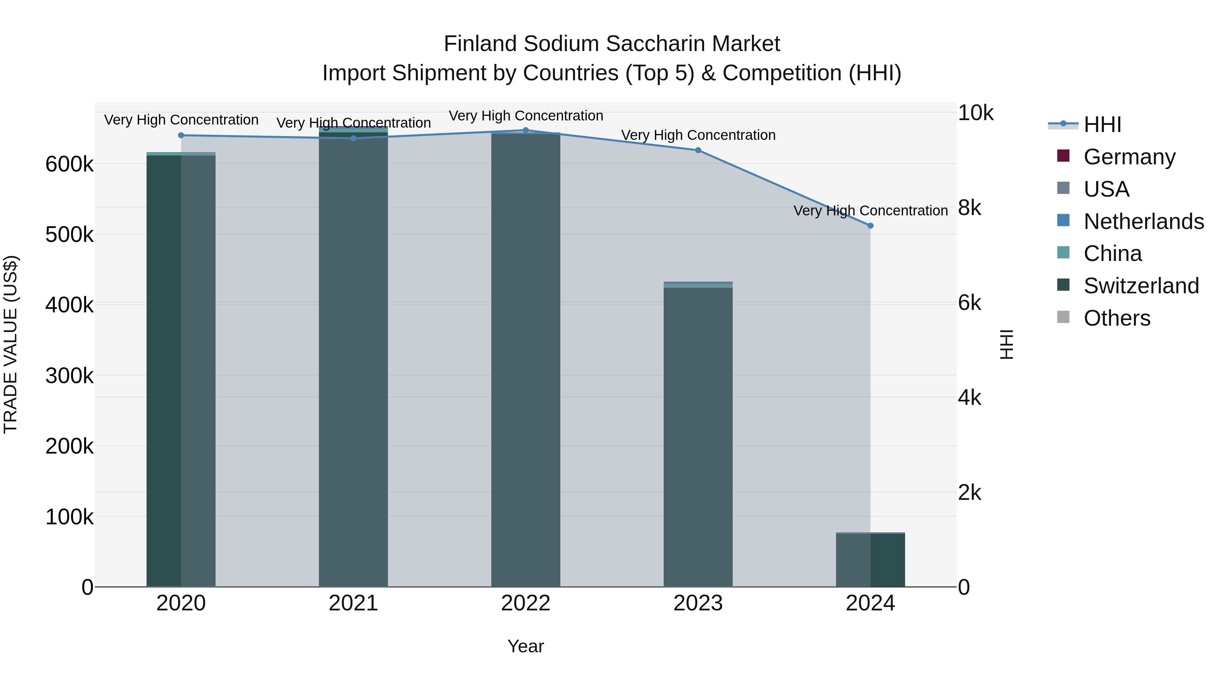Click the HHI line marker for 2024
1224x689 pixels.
(x=870, y=226)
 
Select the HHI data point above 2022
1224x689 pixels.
(x=526, y=130)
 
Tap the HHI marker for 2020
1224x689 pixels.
(x=181, y=135)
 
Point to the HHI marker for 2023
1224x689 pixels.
(x=698, y=150)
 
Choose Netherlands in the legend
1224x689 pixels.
(x=1143, y=222)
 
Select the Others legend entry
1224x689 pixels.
(x=1117, y=318)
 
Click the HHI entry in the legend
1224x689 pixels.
(x=1102, y=125)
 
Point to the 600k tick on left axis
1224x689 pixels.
(x=69, y=165)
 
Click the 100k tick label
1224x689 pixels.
(x=69, y=517)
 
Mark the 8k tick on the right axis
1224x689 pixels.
(x=969, y=208)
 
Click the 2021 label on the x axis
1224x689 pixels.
(x=353, y=603)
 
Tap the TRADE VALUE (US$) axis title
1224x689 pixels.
(x=11, y=344)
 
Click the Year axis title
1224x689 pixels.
(x=526, y=646)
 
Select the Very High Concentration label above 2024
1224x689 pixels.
(x=870, y=211)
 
